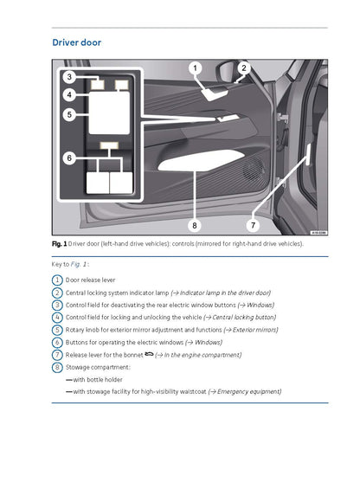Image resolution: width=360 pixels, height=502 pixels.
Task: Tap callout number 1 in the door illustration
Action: point(195,68)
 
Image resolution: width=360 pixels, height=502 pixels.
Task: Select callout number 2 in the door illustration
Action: point(244,68)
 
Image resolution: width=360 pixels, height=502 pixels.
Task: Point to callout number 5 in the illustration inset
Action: point(68,113)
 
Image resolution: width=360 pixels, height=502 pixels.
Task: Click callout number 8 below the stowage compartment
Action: point(195,225)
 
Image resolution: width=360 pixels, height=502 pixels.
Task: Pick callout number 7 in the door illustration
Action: point(253,225)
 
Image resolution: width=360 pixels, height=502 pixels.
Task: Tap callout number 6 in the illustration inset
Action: point(68,158)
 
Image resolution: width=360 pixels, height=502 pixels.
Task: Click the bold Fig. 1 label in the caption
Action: point(59,244)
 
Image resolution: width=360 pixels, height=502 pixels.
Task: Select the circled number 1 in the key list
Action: point(57,280)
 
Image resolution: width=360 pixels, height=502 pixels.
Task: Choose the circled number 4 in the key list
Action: point(57,317)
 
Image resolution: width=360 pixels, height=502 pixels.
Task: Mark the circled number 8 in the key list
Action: point(57,367)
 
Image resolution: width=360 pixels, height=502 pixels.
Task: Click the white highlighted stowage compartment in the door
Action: point(199,160)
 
